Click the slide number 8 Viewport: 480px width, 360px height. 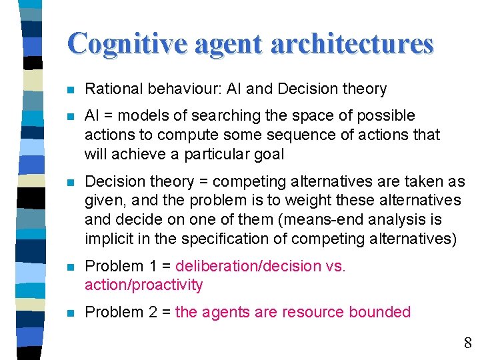[468, 343]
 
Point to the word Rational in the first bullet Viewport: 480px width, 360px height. [113, 89]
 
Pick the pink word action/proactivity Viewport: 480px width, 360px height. [143, 285]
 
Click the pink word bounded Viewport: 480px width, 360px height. [382, 312]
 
